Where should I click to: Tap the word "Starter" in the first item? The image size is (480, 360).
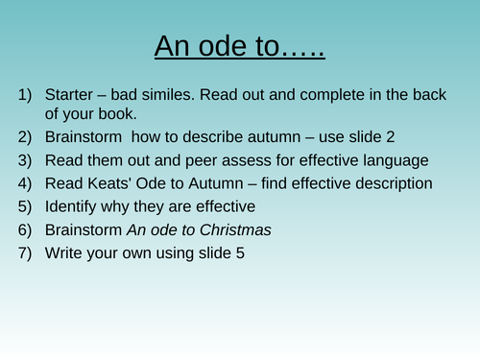pyautogui.click(x=73, y=95)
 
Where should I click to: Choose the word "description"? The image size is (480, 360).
pyautogui.click(x=390, y=182)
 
